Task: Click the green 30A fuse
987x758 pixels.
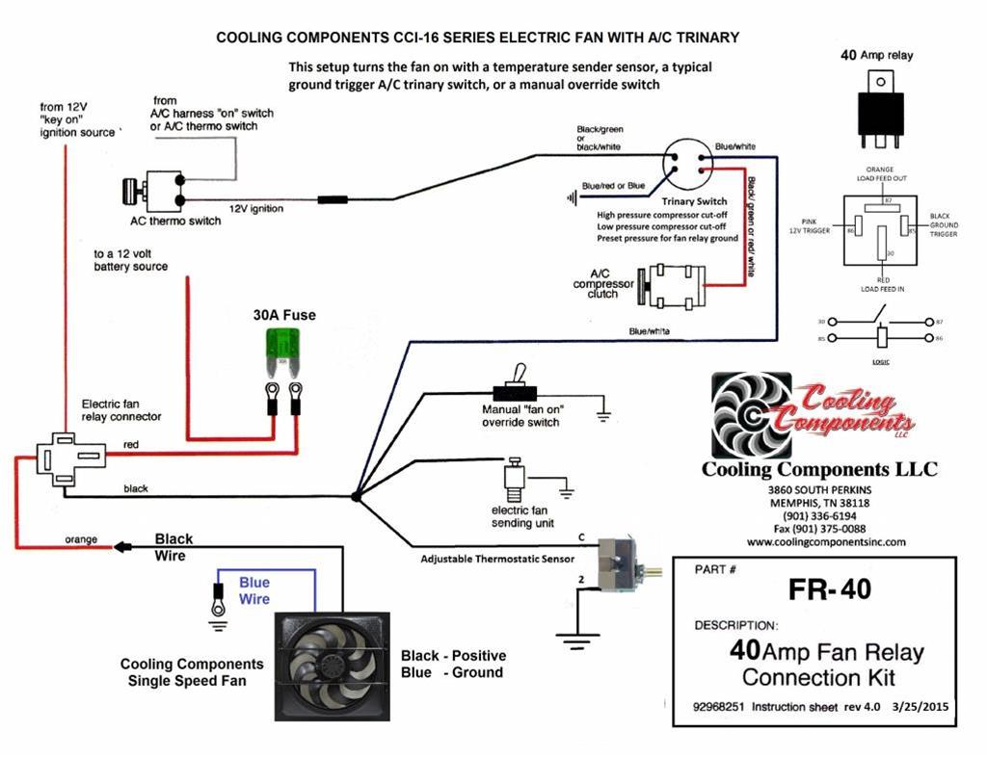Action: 282,349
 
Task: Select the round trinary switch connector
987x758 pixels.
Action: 687,168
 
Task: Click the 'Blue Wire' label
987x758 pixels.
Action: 254,590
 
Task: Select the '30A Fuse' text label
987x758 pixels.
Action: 284,315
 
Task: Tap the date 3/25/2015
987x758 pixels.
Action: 920,706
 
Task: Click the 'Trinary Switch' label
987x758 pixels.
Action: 694,201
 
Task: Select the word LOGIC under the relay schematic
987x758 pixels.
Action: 881,361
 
